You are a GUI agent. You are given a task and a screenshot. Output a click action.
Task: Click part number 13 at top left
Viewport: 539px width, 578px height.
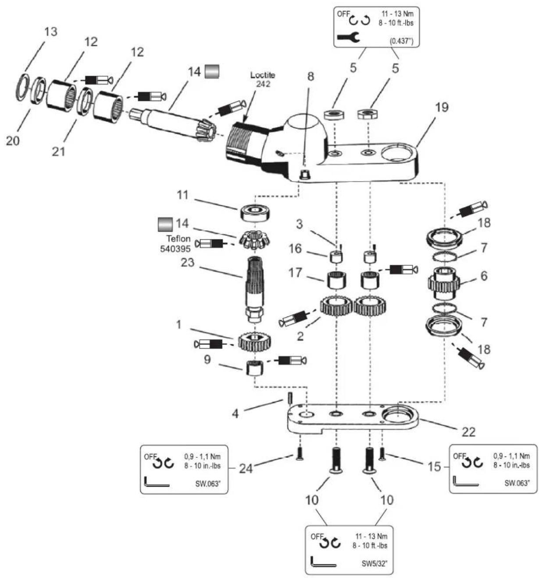pos(51,32)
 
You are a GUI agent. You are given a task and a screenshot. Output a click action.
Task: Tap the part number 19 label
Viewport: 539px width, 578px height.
pos(442,107)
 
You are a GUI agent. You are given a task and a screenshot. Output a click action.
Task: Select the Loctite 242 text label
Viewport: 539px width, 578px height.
pos(262,79)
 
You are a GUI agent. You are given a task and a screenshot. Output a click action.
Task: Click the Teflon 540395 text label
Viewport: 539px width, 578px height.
pos(175,243)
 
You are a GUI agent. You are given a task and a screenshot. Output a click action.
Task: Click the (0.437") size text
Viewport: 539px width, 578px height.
pos(401,41)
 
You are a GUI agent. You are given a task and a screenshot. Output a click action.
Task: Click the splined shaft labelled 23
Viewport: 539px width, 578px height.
pos(255,289)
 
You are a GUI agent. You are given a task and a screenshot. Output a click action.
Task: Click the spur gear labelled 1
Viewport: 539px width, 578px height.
pos(254,341)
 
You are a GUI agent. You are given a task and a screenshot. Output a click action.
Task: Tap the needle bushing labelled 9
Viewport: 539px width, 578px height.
pos(255,367)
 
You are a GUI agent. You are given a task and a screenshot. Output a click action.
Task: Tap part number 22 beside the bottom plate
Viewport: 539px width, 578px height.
pos(468,432)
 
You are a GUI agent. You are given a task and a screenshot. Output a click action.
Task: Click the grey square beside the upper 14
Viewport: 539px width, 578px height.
pos(212,71)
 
